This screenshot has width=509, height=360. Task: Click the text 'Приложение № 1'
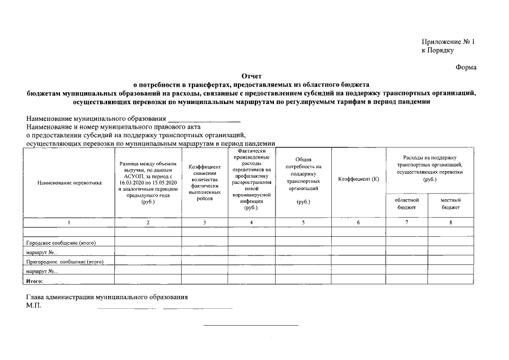448,42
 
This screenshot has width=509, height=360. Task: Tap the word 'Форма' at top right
466,67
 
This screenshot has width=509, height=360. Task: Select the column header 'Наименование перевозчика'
69,183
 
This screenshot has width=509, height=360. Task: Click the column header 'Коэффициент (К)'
358,179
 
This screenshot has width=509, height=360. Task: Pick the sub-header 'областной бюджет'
407,204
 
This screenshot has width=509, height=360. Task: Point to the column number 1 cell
69,223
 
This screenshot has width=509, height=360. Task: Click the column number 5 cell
303,223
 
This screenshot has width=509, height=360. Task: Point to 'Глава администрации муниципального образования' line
107,296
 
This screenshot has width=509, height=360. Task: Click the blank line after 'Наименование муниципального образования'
204,120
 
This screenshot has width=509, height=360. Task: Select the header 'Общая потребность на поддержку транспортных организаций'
303,178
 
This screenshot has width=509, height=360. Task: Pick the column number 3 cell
204,223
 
